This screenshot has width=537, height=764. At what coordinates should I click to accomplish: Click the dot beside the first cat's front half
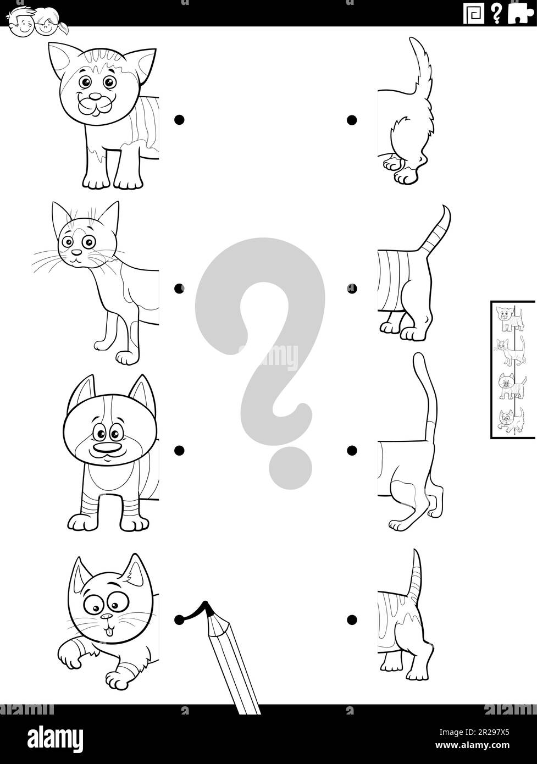179,119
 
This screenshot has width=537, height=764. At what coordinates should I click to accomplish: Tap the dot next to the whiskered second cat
179,287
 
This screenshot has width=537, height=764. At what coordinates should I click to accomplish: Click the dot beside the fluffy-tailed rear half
352,119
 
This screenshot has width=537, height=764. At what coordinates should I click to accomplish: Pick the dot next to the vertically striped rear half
352,287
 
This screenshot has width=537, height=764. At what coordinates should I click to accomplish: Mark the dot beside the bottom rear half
352,621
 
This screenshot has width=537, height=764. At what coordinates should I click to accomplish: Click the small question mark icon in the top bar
497,13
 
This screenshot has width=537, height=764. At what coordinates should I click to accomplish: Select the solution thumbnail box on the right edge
512,369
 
